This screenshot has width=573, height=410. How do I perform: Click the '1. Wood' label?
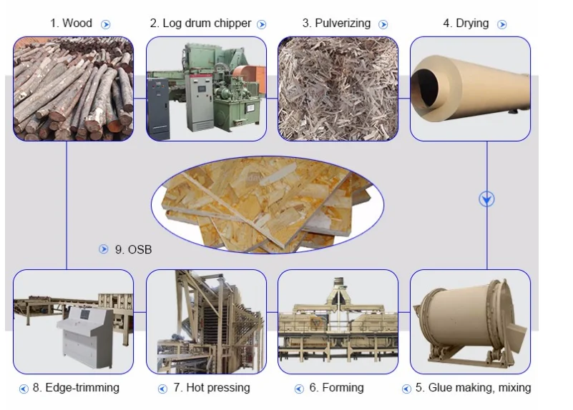(71, 23)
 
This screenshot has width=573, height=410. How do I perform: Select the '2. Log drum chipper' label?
(200, 23)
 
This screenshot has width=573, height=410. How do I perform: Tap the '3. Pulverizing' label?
(336, 23)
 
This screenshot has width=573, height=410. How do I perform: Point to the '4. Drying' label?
(466, 23)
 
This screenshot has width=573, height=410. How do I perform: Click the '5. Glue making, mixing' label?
(473, 388)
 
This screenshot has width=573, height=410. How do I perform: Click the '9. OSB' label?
(133, 250)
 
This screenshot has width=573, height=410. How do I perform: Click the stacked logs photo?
(73, 89)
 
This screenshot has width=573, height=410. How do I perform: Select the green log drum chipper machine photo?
(206, 89)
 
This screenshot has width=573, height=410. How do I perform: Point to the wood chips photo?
(338, 89)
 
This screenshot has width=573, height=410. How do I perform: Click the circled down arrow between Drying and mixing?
(487, 199)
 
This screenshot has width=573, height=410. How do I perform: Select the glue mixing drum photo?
(470, 321)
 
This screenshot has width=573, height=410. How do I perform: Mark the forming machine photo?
(338, 321)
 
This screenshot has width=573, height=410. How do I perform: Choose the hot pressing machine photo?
(206, 321)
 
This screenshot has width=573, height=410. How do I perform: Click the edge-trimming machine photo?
(73, 321)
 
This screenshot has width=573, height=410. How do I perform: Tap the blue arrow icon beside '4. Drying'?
(501, 24)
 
